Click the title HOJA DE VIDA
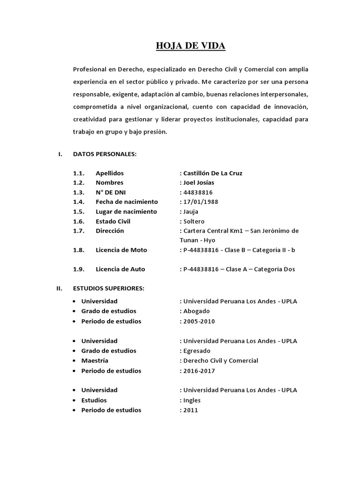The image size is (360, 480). tap(190, 46)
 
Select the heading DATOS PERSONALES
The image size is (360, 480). tap(105, 154)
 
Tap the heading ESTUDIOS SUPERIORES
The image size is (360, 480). tap(109, 288)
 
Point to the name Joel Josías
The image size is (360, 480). tap(197, 183)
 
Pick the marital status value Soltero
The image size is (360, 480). tap(194, 221)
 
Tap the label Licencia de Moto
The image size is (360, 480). tap(121, 250)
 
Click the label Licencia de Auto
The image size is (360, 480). tap(120, 269)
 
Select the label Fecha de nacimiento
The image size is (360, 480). tap(127, 202)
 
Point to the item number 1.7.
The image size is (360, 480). tap(78, 231)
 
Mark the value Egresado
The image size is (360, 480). tap(196, 351)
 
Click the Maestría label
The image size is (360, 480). tap(95, 361)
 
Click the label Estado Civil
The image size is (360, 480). tap(113, 221)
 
